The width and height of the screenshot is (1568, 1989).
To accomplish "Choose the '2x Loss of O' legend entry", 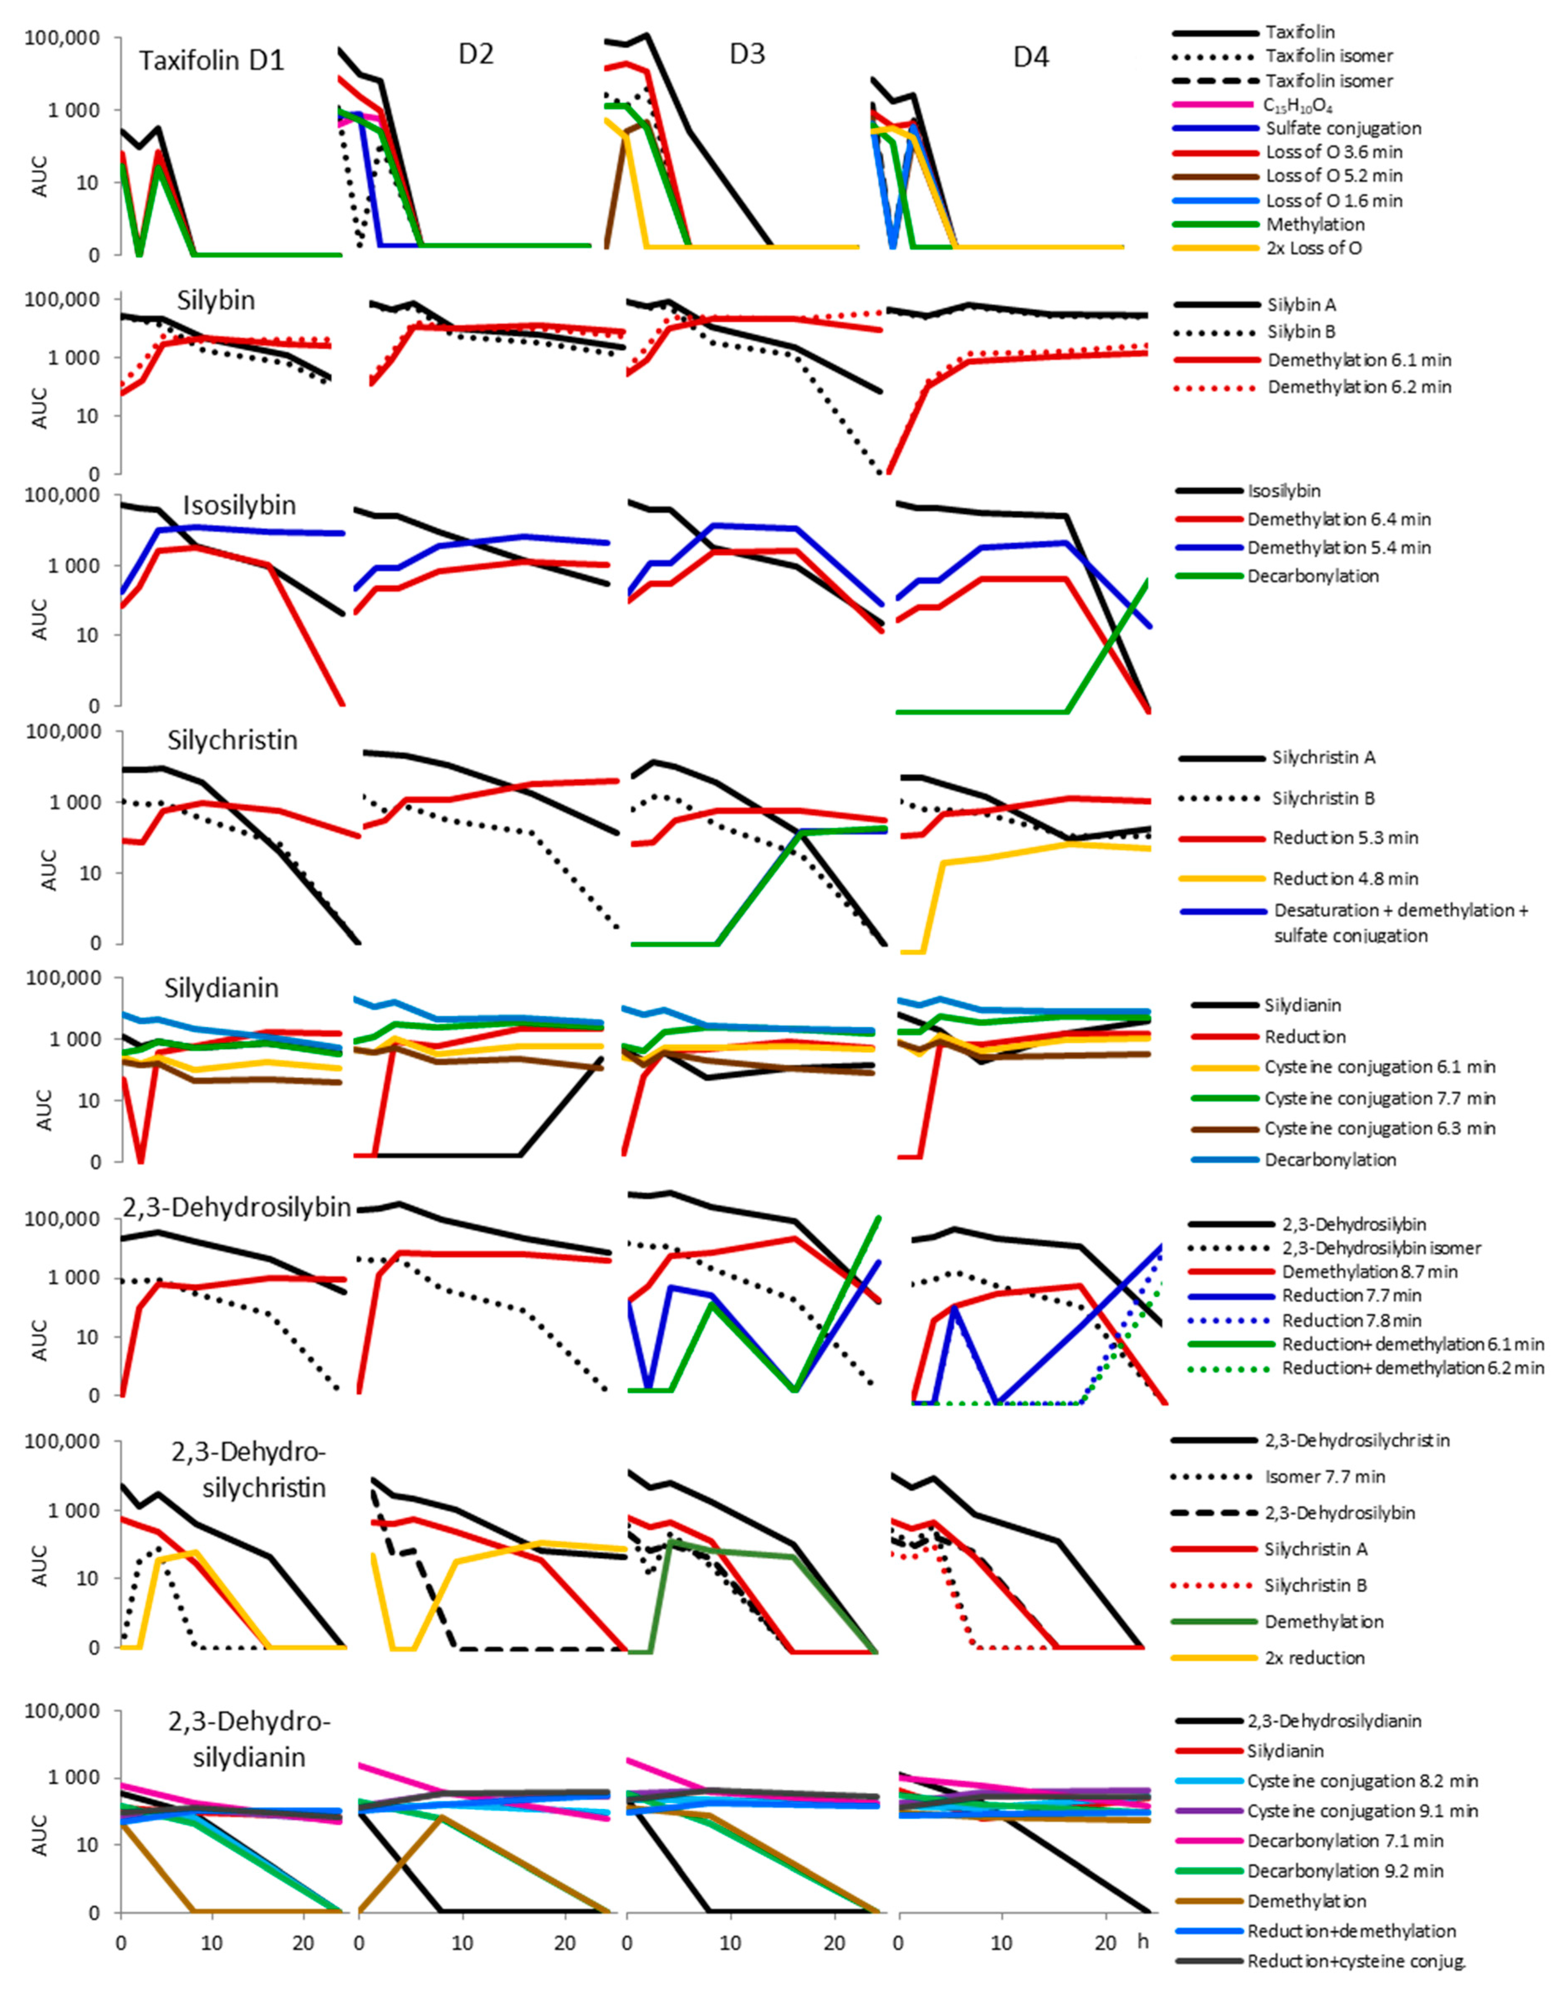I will click(x=1314, y=248).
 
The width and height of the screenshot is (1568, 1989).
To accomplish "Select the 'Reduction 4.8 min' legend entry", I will click(x=1345, y=878).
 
